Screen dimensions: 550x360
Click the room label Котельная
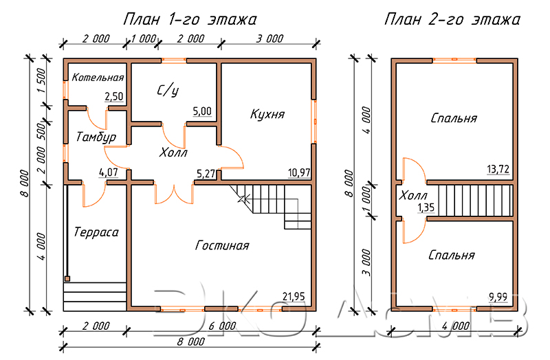pyautogui.click(x=98, y=78)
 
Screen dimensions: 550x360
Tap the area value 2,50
pyautogui.click(x=114, y=96)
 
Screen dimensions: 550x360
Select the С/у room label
pyautogui.click(x=168, y=91)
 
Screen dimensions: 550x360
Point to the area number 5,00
pyautogui.click(x=202, y=111)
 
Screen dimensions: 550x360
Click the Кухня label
pyautogui.click(x=267, y=114)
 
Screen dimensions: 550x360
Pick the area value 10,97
pyautogui.click(x=299, y=172)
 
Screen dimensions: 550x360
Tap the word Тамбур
pyautogui.click(x=96, y=137)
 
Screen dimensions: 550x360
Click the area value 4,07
pyautogui.click(x=109, y=172)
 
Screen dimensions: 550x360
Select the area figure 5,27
pyautogui.click(x=206, y=173)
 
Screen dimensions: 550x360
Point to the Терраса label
pyautogui.click(x=96, y=232)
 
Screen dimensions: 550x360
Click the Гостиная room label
pyautogui.click(x=222, y=245)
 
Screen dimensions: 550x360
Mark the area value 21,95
pyautogui.click(x=294, y=297)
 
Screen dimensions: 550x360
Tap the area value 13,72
pyautogui.click(x=498, y=169)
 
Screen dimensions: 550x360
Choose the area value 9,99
pyautogui.click(x=498, y=297)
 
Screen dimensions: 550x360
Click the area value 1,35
pyautogui.click(x=426, y=207)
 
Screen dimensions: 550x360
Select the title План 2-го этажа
pyautogui.click(x=452, y=19)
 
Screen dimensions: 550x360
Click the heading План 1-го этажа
pyautogui.click(x=190, y=19)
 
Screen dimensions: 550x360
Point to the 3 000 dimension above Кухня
pyautogui.click(x=269, y=38)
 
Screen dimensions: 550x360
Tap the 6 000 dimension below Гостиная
pyautogui.click(x=222, y=326)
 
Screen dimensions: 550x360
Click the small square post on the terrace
pyautogui.click(x=67, y=279)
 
